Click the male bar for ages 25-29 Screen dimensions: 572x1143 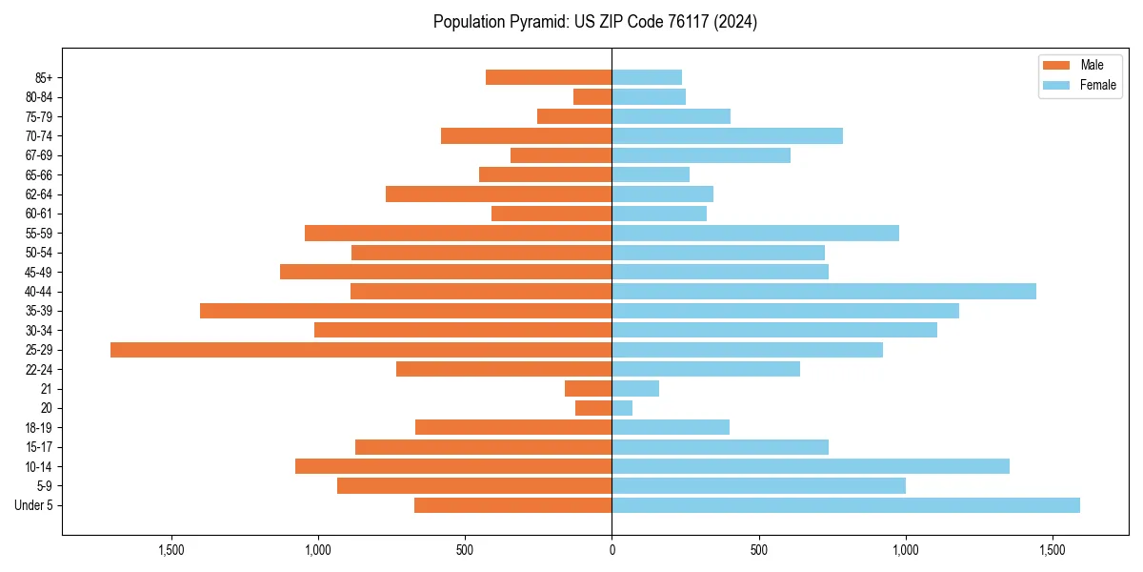(361, 350)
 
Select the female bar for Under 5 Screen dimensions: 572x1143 (846, 505)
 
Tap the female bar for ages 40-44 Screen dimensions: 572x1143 (824, 292)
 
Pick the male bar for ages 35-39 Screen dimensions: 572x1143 (406, 311)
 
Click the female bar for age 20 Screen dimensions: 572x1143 (622, 408)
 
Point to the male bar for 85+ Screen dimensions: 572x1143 (549, 77)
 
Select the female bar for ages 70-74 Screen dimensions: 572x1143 (727, 136)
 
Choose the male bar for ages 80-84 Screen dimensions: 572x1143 (592, 97)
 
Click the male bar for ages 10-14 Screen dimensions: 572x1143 (453, 466)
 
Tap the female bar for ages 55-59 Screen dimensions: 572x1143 (755, 234)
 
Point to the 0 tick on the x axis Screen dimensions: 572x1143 (612, 550)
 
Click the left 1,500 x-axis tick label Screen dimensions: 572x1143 (171, 550)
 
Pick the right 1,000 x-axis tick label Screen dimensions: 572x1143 (905, 550)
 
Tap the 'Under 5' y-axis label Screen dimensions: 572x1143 (33, 505)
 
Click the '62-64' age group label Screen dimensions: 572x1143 (39, 194)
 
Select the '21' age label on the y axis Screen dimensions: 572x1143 (46, 389)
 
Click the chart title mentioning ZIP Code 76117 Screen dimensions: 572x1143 (595, 22)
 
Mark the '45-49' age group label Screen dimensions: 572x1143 (39, 272)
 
